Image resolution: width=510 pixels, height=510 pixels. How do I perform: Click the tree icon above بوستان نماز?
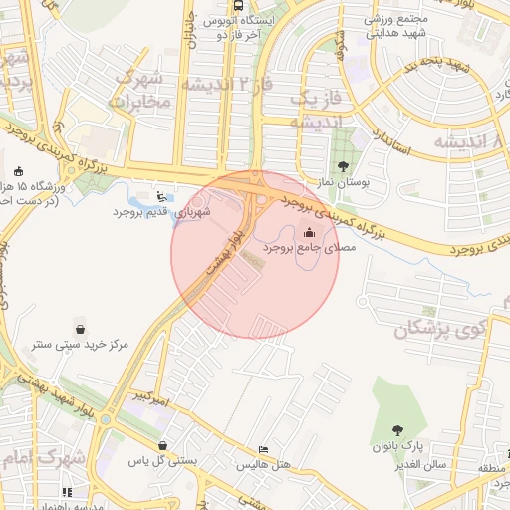pyautogui.click(x=343, y=167)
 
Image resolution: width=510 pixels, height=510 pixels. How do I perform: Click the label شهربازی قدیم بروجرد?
pyautogui.click(x=148, y=211)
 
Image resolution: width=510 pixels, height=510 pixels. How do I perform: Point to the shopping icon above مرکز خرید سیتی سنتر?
pyautogui.click(x=80, y=328)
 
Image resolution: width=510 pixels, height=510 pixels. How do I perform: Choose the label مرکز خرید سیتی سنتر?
pyautogui.click(x=79, y=344)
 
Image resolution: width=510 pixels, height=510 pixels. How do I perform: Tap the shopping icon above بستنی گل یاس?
pyautogui.click(x=162, y=445)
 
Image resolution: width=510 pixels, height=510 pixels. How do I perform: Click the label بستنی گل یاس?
pyautogui.click(x=163, y=462)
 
